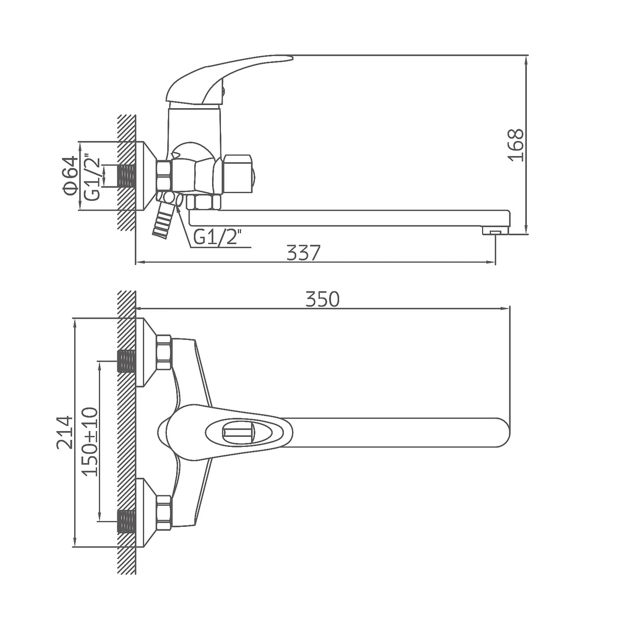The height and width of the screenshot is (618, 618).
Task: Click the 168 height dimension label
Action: point(516,145)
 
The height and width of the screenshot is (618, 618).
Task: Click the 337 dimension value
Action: point(303,253)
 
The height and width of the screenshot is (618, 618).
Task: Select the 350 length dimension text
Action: point(322,299)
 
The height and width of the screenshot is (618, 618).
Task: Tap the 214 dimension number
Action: point(64,433)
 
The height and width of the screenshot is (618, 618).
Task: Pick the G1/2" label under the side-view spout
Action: point(217,238)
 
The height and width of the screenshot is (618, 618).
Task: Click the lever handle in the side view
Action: point(225,81)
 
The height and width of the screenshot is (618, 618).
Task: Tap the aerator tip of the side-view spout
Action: point(495,231)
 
